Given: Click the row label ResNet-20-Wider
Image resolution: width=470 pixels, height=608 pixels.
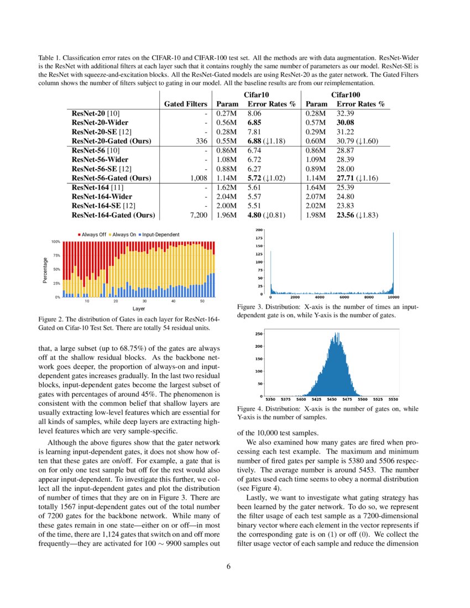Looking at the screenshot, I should point(100,122).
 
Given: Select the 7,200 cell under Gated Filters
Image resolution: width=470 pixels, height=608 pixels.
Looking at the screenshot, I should point(198,215).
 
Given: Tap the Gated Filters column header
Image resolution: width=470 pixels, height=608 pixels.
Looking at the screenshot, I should point(186,104).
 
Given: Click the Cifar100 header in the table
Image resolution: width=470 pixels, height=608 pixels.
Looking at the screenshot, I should point(345,95).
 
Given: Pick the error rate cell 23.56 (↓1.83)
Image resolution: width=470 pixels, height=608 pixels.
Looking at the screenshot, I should point(357,215).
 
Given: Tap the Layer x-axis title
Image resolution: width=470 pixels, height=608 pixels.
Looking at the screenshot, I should point(138,308).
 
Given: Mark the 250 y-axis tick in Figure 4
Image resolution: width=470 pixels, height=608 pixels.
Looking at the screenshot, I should point(258,334).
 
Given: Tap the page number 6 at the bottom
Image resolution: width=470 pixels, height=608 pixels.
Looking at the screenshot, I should point(235,566).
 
